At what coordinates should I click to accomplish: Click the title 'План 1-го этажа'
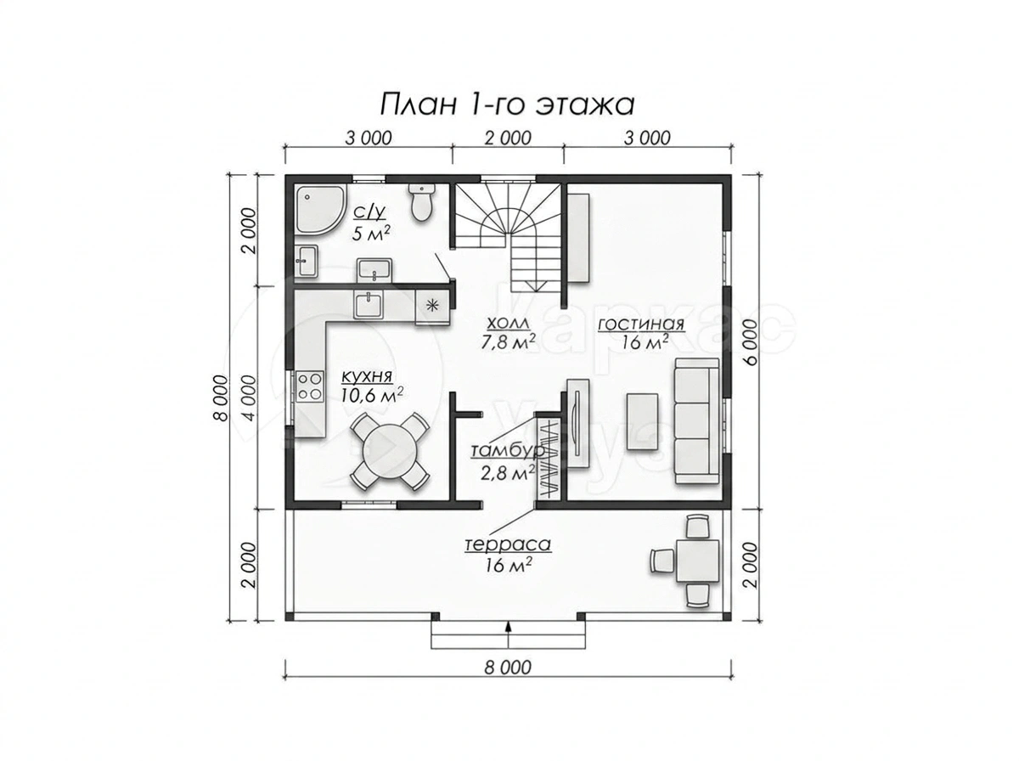tap(506, 105)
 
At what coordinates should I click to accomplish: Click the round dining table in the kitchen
tap(390, 450)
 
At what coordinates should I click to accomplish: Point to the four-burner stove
tap(310, 387)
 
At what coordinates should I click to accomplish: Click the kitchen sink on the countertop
tap(368, 305)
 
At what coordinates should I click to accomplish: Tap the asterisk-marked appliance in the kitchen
tap(431, 307)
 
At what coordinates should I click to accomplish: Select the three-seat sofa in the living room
tap(696, 421)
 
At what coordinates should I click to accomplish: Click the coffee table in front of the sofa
tap(642, 421)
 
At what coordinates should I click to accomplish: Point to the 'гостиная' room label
tap(640, 324)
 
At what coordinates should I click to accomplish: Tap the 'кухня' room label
tap(367, 377)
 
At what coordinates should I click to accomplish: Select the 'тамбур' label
tap(508, 451)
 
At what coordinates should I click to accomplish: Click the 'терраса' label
tap(508, 544)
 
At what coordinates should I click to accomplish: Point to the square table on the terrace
tap(697, 561)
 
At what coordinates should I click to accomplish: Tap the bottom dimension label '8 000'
tap(508, 668)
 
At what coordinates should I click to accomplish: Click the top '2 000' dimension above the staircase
tap(508, 138)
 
